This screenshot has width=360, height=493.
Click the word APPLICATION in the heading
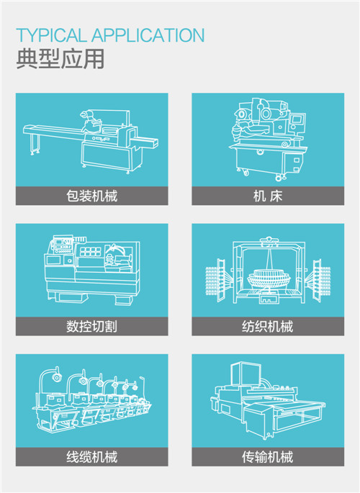(x=148, y=35)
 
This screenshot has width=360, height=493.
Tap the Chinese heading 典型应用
(x=60, y=59)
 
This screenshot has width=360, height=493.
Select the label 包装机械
(x=92, y=196)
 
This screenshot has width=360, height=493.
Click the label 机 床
(x=268, y=196)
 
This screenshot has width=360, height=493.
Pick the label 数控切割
(x=92, y=326)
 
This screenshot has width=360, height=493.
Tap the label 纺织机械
(x=268, y=326)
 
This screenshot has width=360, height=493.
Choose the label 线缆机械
(x=92, y=456)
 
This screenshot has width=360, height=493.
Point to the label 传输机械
(x=268, y=456)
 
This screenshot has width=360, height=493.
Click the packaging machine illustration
(x=91, y=141)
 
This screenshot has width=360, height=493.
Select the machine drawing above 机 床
(x=268, y=139)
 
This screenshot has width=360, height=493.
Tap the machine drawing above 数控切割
(x=92, y=270)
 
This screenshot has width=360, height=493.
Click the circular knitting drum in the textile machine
(x=269, y=278)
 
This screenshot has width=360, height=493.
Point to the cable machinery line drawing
(x=93, y=400)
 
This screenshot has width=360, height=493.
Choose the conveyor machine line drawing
(x=268, y=401)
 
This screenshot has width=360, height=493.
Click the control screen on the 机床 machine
(x=298, y=119)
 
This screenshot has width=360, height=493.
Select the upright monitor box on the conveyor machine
(x=246, y=374)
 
